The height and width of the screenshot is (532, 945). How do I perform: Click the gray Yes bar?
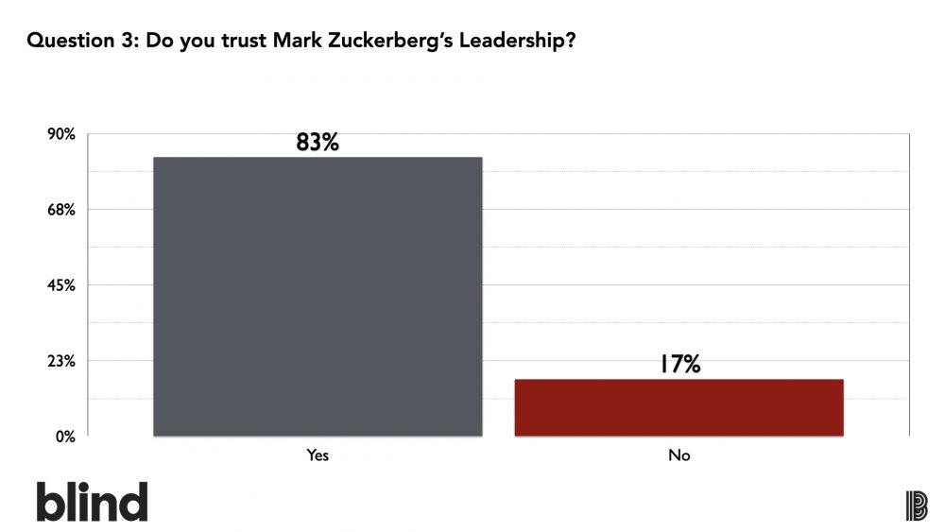[318, 297]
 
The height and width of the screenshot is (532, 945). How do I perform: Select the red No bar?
[679, 407]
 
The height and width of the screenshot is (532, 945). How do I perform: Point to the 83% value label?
[318, 142]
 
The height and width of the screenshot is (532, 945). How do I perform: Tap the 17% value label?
[679, 364]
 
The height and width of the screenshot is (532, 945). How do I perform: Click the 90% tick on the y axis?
[61, 134]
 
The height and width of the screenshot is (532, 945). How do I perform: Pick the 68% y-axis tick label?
[61, 210]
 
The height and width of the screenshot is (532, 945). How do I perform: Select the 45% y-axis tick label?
[61, 285]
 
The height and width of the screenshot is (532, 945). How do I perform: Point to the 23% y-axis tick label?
[61, 361]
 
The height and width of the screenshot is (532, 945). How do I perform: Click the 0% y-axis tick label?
[66, 437]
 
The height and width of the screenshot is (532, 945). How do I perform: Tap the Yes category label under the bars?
[318, 455]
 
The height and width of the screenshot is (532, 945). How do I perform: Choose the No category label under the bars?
[679, 455]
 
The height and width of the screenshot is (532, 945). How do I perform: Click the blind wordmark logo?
[93, 501]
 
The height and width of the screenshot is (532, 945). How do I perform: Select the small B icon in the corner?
[917, 506]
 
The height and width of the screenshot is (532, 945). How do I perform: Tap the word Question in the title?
[71, 41]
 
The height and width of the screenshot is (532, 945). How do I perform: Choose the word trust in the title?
[243, 41]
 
